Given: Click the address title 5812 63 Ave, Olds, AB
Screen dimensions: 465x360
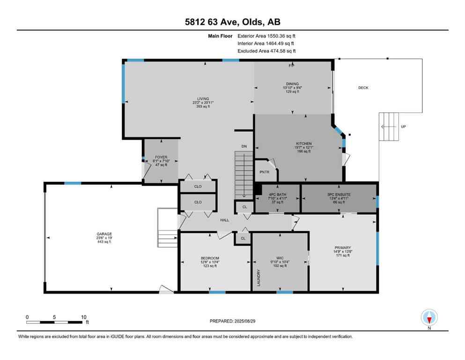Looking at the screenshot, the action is coord(232,22).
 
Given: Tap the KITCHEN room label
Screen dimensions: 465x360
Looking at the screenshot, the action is coord(303,143).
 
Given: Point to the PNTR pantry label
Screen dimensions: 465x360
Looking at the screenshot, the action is coord(264,172).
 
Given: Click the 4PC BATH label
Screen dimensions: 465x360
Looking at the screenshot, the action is coord(278,194).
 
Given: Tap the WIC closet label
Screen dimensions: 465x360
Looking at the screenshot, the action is coord(280,258).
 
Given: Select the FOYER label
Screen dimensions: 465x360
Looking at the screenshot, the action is coord(162,157).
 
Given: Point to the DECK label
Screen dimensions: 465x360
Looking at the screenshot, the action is coord(363,88).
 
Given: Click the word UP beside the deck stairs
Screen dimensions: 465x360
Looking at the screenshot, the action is coord(403,127).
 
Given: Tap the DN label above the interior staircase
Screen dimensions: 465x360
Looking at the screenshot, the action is coord(244,147).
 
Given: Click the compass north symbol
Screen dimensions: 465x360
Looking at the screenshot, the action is coord(429,318).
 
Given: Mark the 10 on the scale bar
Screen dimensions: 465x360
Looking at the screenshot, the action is coord(83,317).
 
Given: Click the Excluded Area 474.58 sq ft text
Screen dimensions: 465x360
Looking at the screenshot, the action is coord(266,51).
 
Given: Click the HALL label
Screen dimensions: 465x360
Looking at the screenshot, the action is coord(225,220).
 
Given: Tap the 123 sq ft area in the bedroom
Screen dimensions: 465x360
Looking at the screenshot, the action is coord(210,266).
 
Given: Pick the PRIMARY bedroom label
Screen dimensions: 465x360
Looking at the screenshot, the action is coord(343,247).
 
